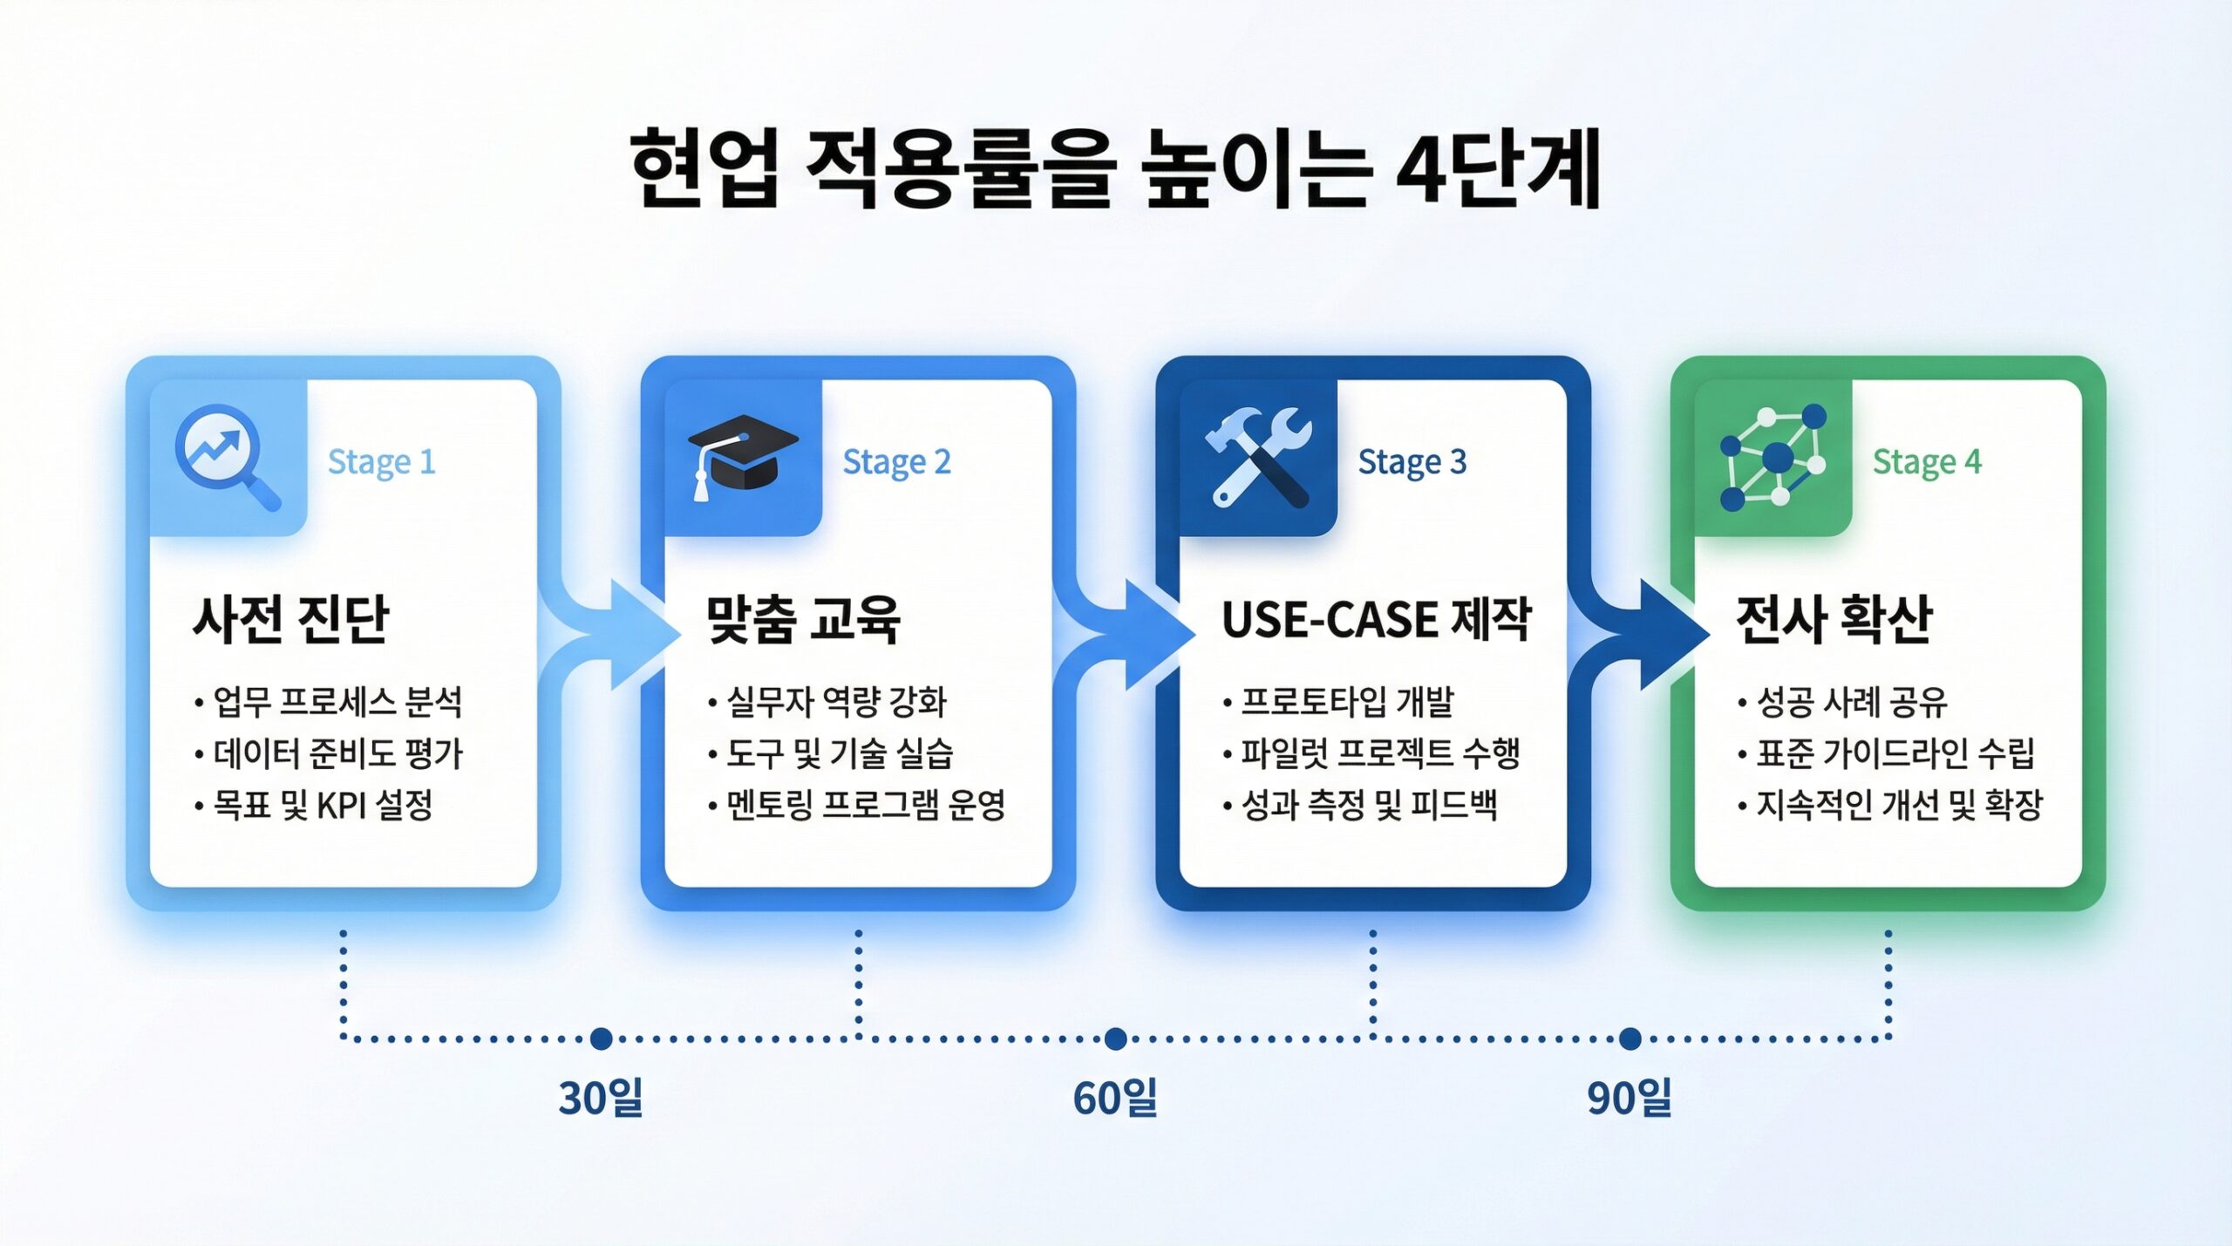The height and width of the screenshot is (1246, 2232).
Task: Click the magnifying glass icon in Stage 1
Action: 228,457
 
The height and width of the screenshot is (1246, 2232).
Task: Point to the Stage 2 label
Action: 896,462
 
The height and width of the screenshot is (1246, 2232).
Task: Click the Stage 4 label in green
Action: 1927,462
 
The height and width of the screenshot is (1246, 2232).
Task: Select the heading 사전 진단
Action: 290,619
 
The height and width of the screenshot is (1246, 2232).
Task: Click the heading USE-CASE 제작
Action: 1377,619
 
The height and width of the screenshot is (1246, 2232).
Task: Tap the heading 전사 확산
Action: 1834,619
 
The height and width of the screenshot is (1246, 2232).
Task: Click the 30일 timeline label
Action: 601,1098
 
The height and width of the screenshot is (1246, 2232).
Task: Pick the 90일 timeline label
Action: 1630,1098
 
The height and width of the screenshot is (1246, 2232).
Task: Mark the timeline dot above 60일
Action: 1115,1038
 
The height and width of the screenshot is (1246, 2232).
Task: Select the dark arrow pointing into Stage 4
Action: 1640,634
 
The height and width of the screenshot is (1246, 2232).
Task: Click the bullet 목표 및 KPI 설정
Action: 314,805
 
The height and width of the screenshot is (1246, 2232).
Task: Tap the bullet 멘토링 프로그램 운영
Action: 857,805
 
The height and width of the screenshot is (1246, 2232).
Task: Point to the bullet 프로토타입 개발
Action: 1338,701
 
